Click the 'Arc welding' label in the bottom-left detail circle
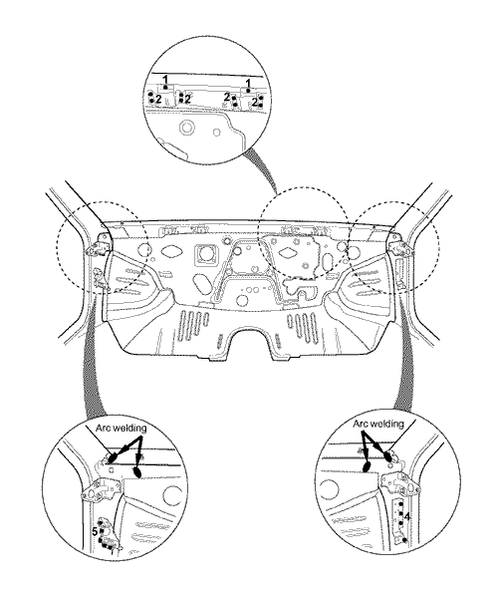(x=121, y=429)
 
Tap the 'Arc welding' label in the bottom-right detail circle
(x=378, y=424)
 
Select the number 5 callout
(x=95, y=532)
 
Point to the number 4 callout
(x=407, y=516)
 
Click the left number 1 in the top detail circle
(x=165, y=80)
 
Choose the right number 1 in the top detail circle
(x=248, y=83)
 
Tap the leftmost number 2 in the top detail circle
(x=158, y=100)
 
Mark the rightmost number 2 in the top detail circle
(x=255, y=102)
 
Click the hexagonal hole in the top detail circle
(x=185, y=128)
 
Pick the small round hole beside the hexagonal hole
(x=216, y=133)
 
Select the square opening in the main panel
(x=205, y=254)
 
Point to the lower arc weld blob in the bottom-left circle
(x=137, y=472)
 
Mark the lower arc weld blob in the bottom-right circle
(x=366, y=467)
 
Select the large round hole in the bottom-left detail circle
(x=171, y=495)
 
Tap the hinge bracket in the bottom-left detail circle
(x=100, y=489)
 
